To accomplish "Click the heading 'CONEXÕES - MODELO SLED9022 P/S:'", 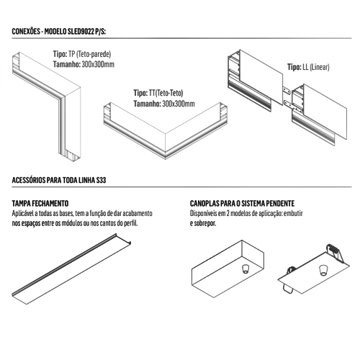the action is click(59, 32).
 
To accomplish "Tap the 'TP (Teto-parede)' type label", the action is click(90, 54).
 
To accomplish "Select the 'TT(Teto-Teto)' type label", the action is click(166, 93).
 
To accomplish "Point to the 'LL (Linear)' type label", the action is click(316, 67).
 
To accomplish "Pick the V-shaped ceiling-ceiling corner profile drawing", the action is click(166, 142).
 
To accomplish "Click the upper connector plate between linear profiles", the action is click(287, 91).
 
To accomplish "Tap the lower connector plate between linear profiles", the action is click(288, 104).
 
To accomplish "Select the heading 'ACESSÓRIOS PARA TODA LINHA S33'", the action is click(59, 180).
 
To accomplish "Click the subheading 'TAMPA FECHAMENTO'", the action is click(40, 204).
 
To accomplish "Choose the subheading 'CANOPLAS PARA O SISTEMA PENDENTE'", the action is click(242, 204).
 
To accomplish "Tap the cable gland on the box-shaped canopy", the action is click(246, 269).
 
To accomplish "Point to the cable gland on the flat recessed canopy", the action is click(323, 270).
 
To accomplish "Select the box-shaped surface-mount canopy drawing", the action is click(228, 269).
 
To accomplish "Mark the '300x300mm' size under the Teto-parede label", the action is click(98, 64).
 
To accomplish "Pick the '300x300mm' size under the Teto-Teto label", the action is click(179, 104).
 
